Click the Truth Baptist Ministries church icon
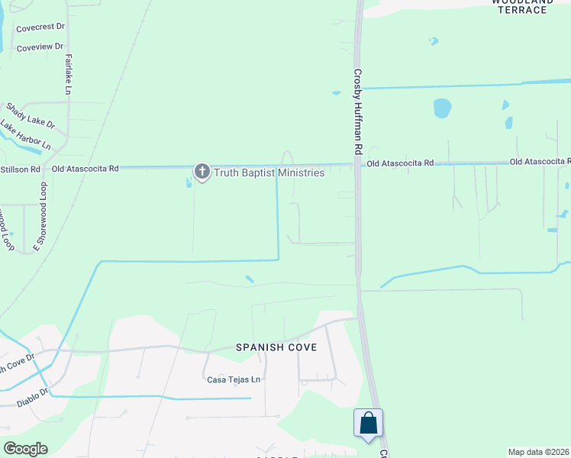202,172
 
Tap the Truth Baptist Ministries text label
269,173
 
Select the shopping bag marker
368,423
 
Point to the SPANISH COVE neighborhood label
276,347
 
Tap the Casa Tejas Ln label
234,379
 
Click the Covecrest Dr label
40,27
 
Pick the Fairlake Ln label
68,74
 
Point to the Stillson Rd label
20,169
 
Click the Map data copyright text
539,452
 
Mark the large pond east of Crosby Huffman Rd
443,108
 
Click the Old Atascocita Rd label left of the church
85,168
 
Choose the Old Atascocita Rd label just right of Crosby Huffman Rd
400,163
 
